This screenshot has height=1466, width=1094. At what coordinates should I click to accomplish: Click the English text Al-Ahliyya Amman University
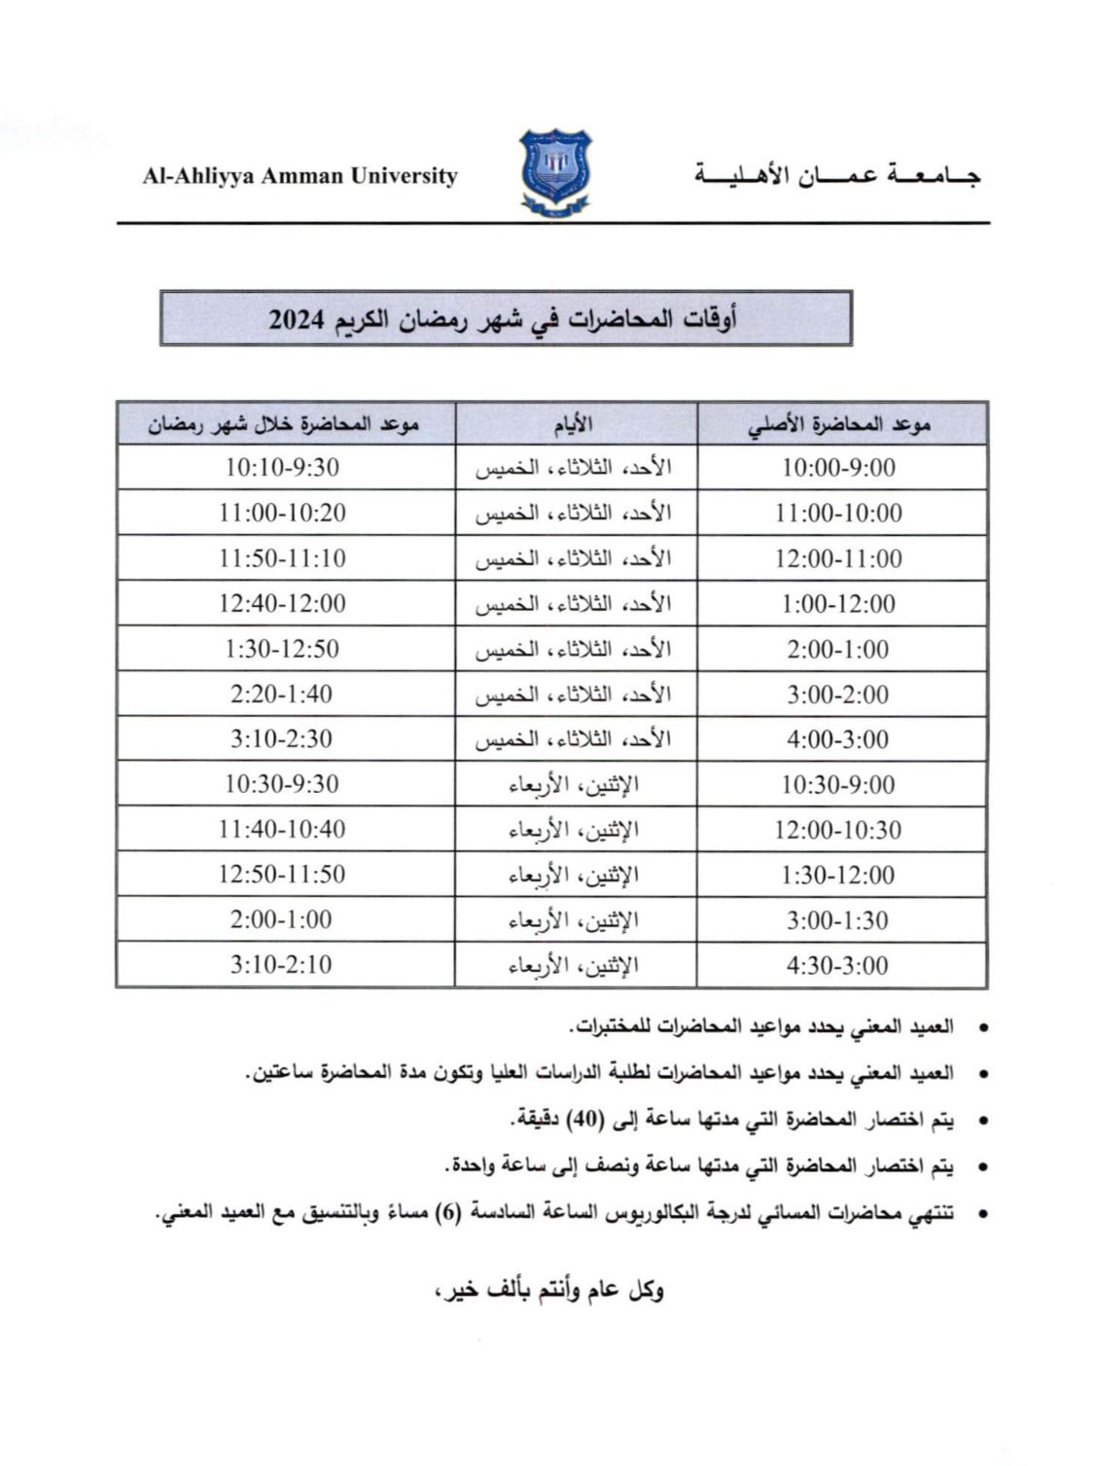(x=300, y=176)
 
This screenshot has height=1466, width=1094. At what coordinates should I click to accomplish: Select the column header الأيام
(x=576, y=424)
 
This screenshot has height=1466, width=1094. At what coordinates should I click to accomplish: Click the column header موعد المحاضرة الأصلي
(x=840, y=424)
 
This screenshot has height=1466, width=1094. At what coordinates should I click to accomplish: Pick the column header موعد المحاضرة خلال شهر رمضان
(x=283, y=424)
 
